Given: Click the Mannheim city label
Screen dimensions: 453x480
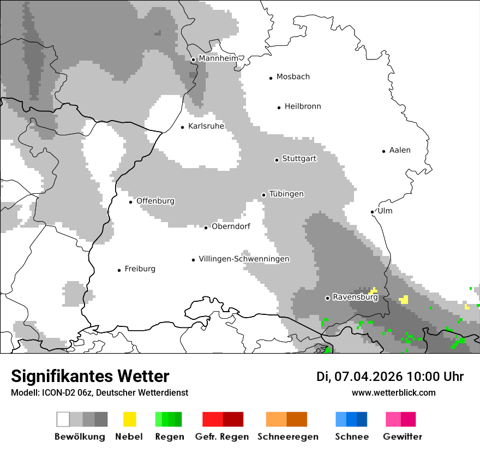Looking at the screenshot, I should coord(218,58).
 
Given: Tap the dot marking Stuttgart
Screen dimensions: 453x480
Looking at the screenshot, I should coord(277,160).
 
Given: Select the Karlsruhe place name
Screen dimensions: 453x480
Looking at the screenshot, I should coord(206,127).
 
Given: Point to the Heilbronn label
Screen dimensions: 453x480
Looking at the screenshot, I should coord(303,106).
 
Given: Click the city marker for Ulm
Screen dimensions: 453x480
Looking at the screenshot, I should coord(372,212).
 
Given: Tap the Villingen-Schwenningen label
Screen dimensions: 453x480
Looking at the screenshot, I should coord(244,259).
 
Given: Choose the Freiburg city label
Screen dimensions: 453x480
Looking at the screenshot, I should coord(140,269).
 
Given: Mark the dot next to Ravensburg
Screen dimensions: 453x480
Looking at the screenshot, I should coord(327,298).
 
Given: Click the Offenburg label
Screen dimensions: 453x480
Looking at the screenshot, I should coord(155,201).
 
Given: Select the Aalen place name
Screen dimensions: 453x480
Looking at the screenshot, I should coord(400,150).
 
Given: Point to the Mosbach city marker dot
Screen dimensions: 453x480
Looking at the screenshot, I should coord(271,78).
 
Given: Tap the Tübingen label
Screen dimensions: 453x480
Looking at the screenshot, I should coord(286,194).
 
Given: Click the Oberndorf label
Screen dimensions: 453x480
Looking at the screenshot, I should coord(231,226).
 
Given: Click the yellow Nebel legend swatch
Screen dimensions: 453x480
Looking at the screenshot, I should coord(129,419).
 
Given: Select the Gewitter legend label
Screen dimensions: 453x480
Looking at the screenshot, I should coord(403,437).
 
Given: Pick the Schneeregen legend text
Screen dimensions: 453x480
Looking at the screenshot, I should coord(288,437).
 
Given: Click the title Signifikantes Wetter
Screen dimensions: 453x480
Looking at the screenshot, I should coord(90,376).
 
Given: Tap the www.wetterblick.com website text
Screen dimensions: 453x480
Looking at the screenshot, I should coord(393,393).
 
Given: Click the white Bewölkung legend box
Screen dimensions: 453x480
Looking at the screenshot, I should coord(63,419).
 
